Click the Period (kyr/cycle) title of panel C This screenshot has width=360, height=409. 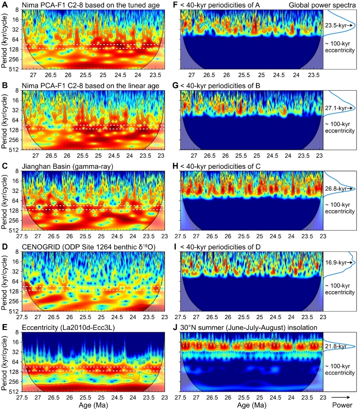pos(4,201)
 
